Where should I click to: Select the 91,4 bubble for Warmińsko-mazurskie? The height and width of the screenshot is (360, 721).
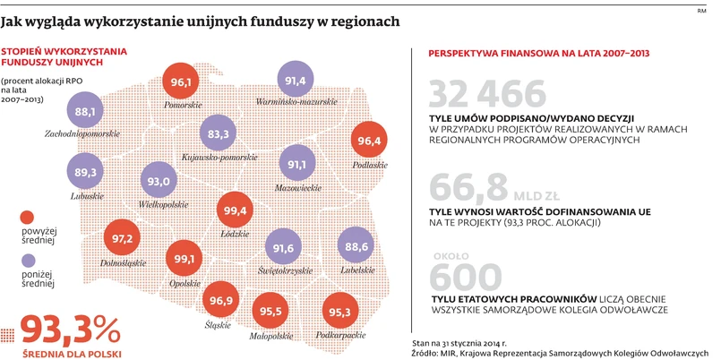click(x=296, y=81)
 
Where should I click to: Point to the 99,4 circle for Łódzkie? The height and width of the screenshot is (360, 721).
click(x=237, y=210)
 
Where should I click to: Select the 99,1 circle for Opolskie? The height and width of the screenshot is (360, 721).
click(x=185, y=260)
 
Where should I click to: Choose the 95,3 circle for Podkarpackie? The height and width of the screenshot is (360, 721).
click(x=340, y=313)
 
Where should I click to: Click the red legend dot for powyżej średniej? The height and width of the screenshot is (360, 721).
click(x=27, y=217)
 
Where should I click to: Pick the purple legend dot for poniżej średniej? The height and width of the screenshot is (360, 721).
click(x=27, y=261)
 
